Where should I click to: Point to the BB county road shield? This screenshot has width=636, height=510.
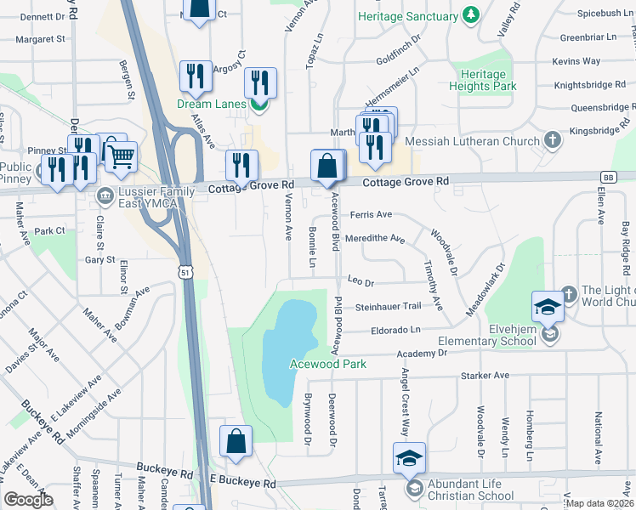coord(607,177)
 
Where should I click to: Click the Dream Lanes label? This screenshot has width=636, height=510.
coord(211,105)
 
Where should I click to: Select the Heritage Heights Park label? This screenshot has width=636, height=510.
coord(482,80)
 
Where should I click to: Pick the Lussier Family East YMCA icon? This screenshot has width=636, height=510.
coord(105,195)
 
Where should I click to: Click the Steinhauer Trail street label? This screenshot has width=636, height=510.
coord(388,306)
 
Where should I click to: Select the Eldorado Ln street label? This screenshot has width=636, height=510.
coord(395,330)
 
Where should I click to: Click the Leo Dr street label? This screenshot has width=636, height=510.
coord(361,280)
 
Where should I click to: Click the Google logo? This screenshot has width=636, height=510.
coord(29,499)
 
